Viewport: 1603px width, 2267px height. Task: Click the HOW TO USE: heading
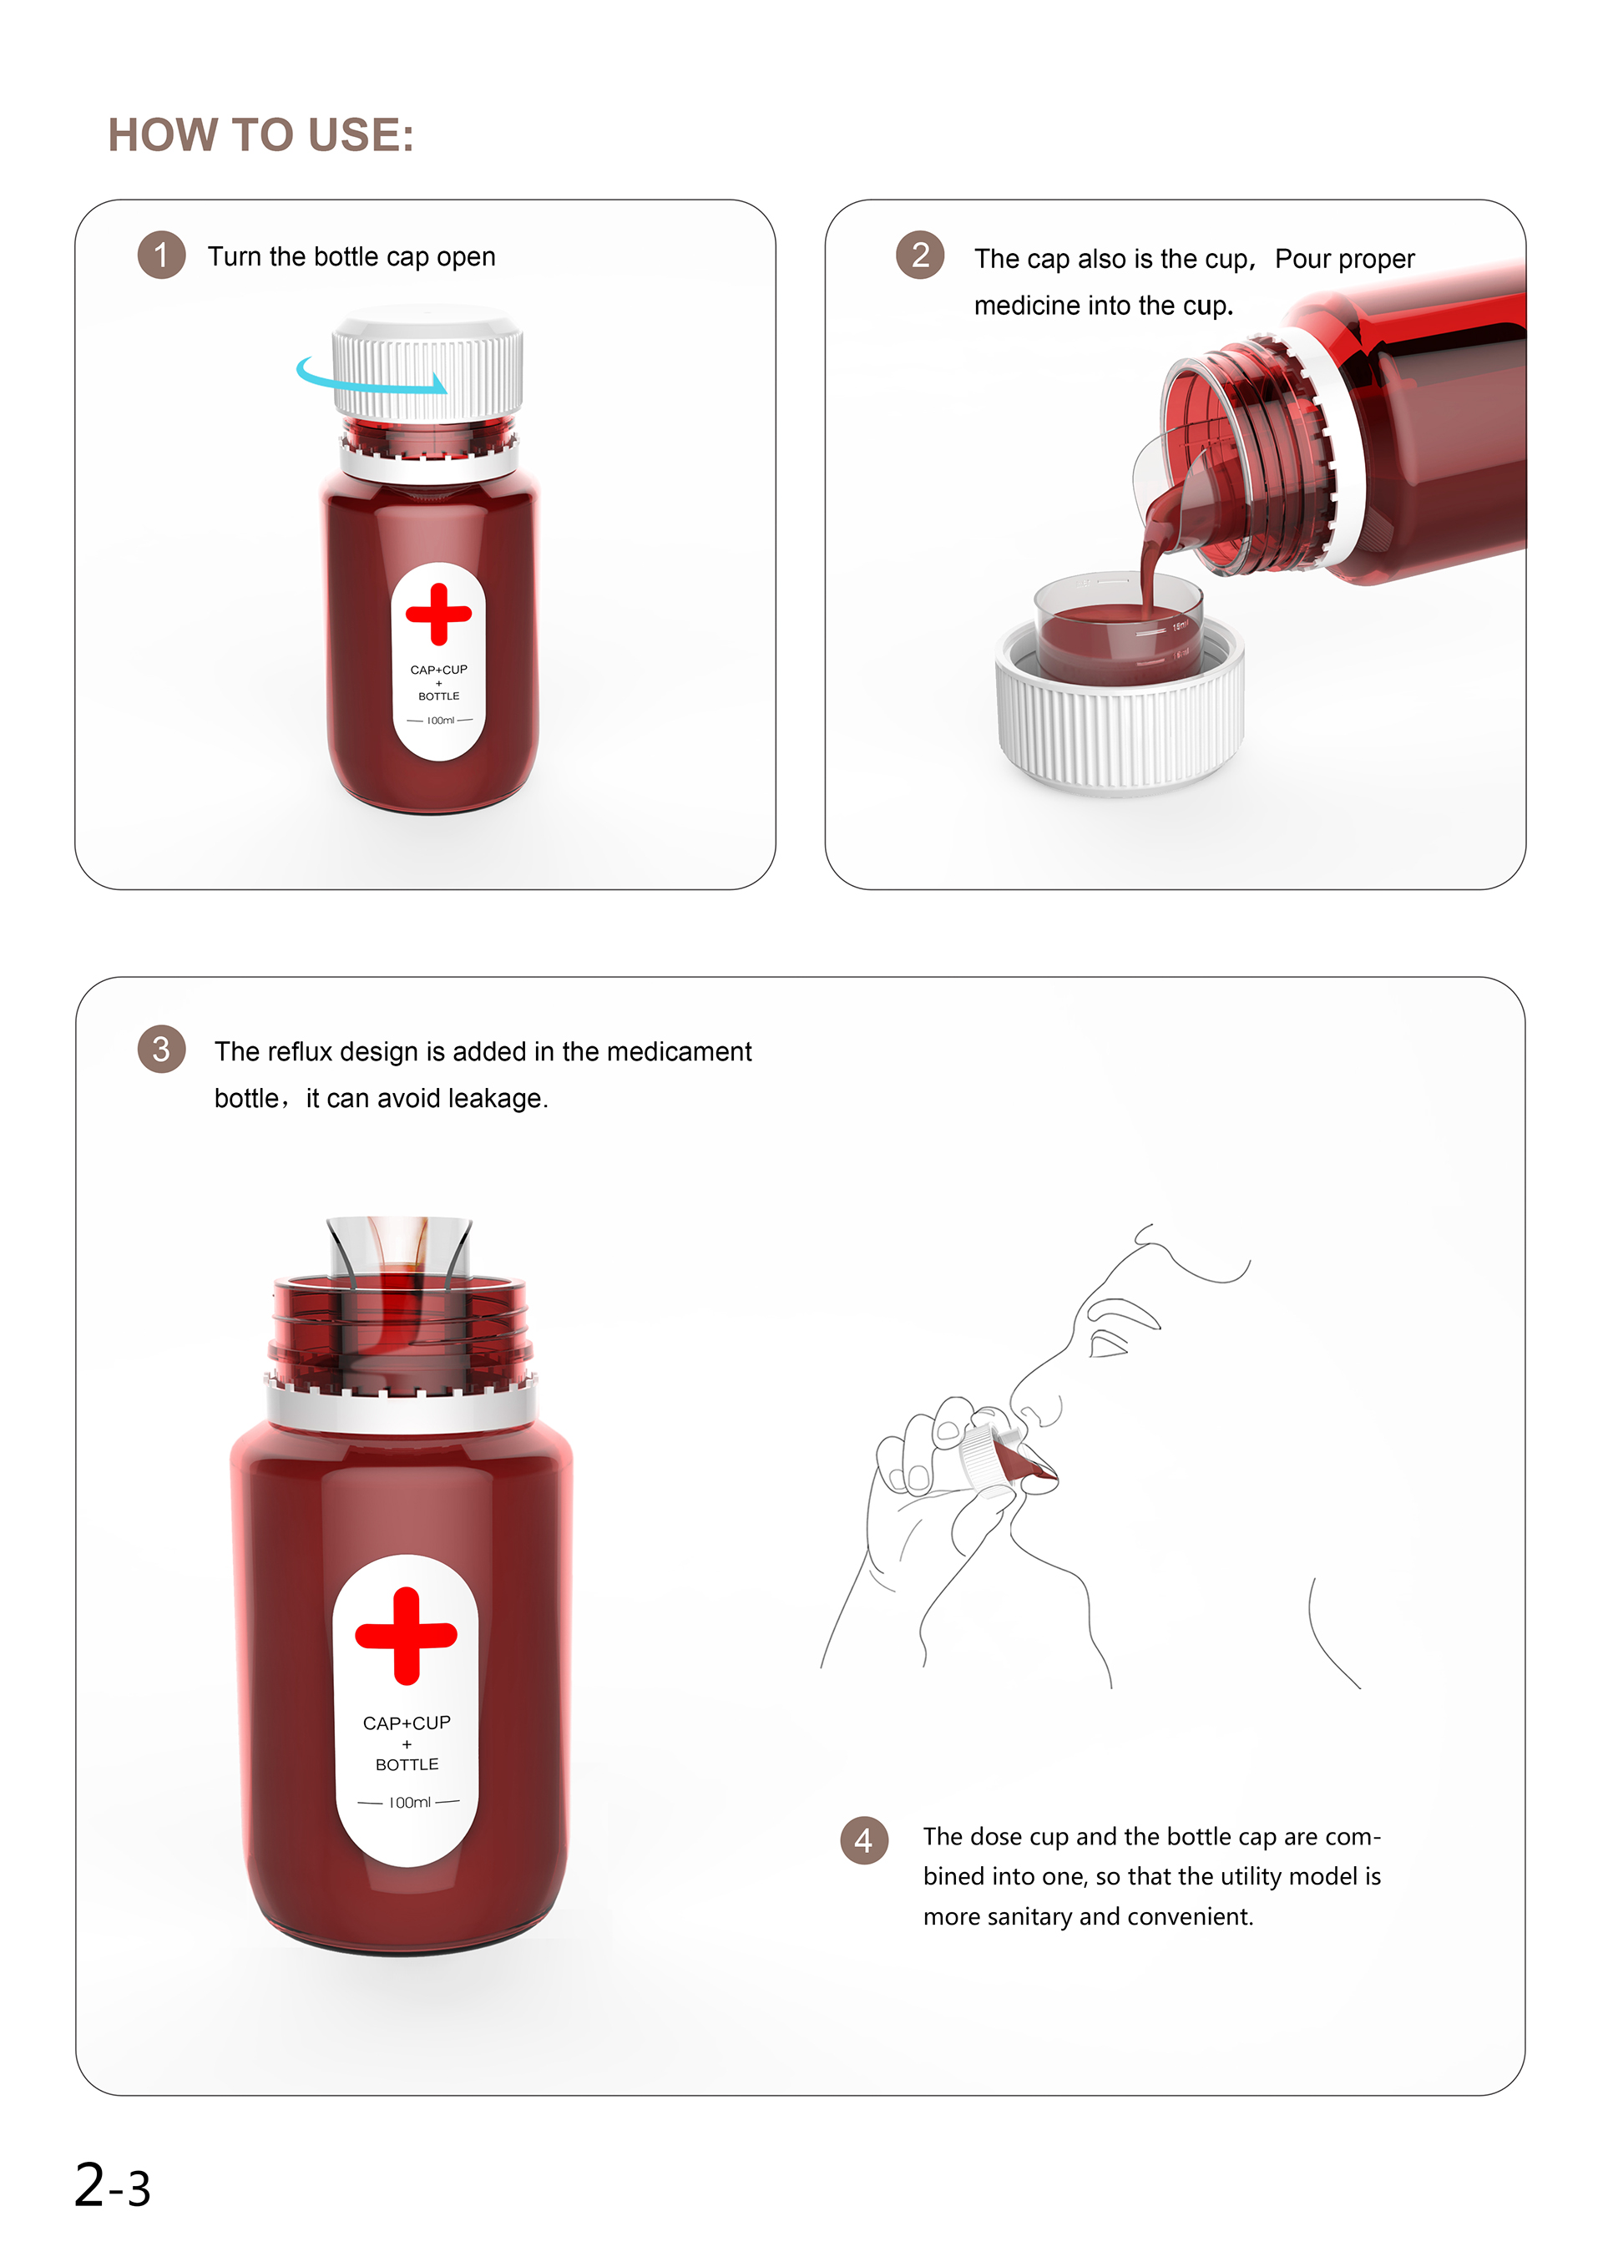[x=260, y=135]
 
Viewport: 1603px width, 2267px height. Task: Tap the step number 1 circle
[x=162, y=256]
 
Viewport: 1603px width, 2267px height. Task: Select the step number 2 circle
[x=920, y=256]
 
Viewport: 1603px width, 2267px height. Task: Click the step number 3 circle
[x=162, y=1049]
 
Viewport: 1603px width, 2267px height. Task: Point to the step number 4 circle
[x=863, y=1840]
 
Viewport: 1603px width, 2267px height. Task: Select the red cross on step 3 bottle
[x=406, y=1635]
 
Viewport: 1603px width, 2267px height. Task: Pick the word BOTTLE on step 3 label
[x=407, y=1764]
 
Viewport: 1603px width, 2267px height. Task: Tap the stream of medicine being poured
[x=1150, y=563]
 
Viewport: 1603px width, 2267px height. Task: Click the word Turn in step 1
[x=235, y=256]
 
